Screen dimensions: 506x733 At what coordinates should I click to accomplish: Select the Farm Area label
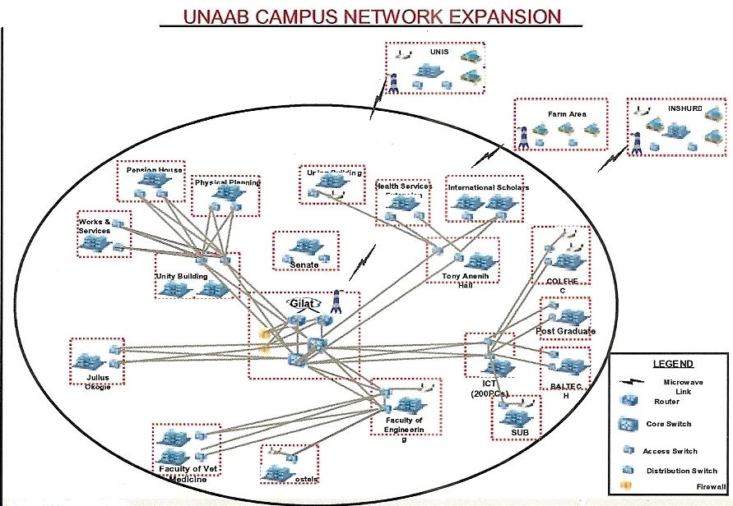pyautogui.click(x=567, y=114)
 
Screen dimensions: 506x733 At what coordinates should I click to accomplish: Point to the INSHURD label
pyautogui.click(x=684, y=108)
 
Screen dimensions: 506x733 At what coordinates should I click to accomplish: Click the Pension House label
pyautogui.click(x=154, y=170)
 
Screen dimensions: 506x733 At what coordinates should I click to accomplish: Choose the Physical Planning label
pyautogui.click(x=227, y=182)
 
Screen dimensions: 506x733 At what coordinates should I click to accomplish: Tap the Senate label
pyautogui.click(x=304, y=265)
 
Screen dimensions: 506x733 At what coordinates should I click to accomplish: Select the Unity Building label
pyautogui.click(x=181, y=276)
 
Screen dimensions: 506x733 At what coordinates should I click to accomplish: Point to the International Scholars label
pyautogui.click(x=488, y=187)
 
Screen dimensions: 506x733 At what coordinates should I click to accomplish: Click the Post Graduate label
pyautogui.click(x=565, y=331)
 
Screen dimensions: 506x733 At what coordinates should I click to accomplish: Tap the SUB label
pyautogui.click(x=518, y=432)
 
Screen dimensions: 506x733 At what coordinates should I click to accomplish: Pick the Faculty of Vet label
pyautogui.click(x=189, y=469)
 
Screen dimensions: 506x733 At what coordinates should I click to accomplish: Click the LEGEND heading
pyautogui.click(x=672, y=363)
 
